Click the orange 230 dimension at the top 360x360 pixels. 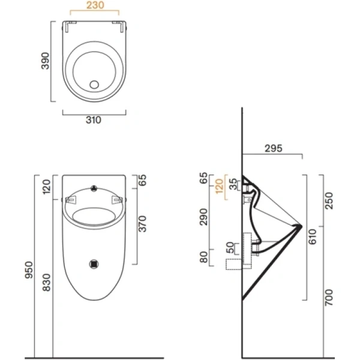(x=94, y=7)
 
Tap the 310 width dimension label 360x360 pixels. (x=94, y=119)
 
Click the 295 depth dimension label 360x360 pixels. (x=272, y=148)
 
